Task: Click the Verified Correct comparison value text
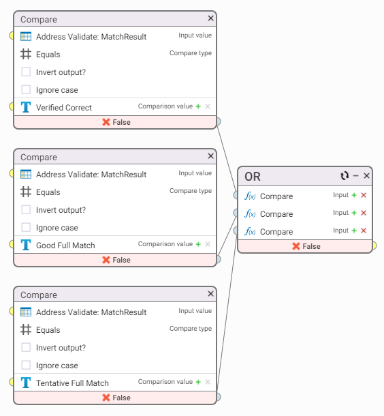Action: point(64,108)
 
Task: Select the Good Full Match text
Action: point(65,245)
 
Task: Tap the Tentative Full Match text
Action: point(72,383)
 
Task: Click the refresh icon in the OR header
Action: point(345,176)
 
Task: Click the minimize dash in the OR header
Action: point(355,176)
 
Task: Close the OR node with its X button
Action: point(366,176)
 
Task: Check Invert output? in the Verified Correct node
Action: point(26,72)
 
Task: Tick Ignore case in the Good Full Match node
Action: point(26,227)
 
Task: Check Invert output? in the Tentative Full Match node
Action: point(26,347)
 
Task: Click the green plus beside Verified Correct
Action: point(198,106)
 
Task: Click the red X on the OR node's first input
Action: point(364,195)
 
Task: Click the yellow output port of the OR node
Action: point(374,246)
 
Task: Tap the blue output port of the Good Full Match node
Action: point(219,259)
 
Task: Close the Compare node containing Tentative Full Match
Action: point(210,293)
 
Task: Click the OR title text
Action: point(253,177)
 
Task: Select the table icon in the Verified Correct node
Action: point(26,36)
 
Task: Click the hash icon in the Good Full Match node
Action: point(26,192)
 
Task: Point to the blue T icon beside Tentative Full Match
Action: point(26,383)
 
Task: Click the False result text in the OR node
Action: point(311,246)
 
